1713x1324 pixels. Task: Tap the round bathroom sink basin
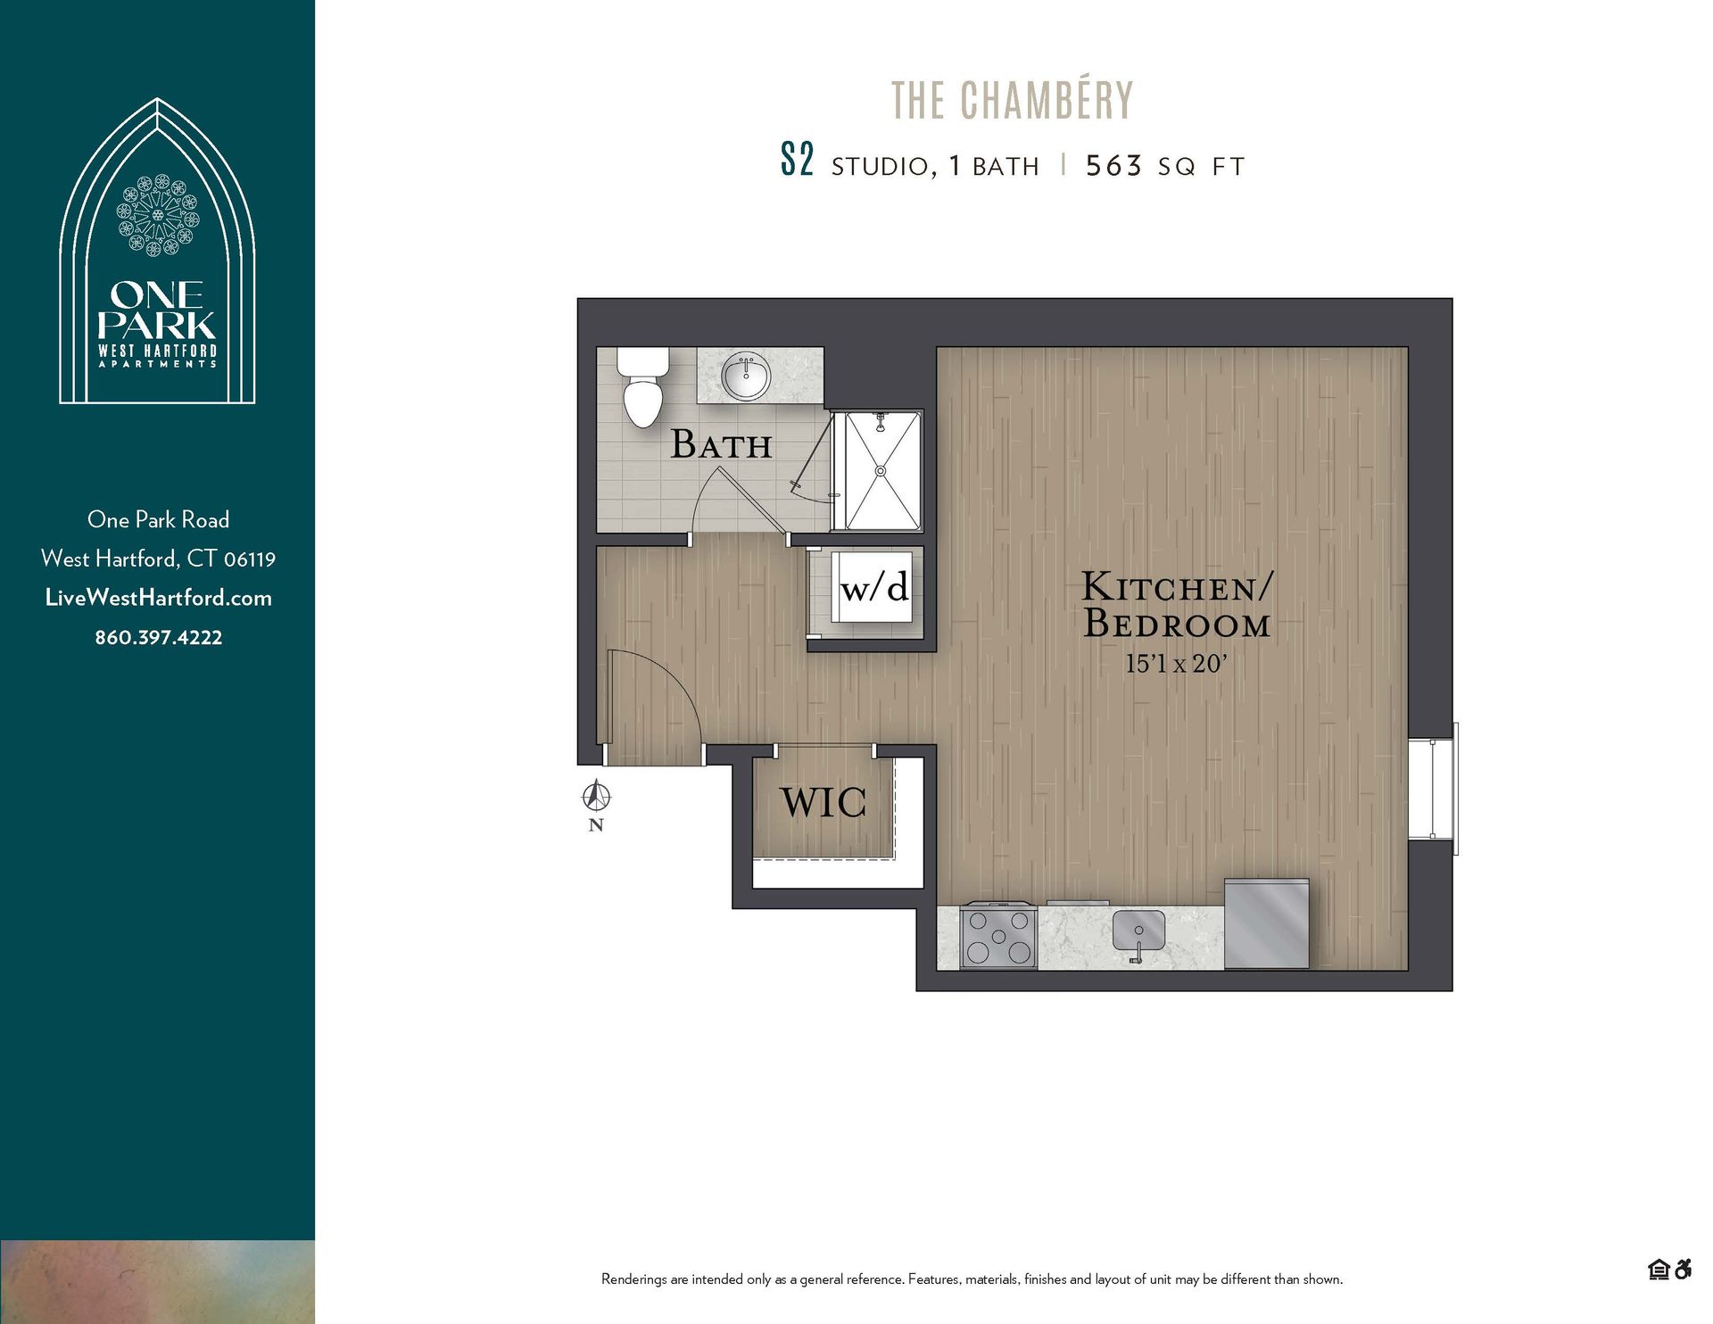pos(746,377)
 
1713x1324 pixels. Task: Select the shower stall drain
pos(881,470)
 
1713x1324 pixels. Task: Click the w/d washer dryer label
pos(874,587)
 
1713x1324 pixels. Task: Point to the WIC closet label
pos(823,802)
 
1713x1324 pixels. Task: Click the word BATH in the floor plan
pos(721,444)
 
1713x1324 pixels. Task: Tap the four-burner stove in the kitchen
pos(998,937)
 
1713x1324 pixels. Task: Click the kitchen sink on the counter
pos(1138,932)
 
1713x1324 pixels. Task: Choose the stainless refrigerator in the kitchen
pos(1266,923)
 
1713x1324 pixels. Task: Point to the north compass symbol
pos(596,795)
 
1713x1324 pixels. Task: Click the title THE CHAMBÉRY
pos(1012,100)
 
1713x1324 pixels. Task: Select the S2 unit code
pos(797,161)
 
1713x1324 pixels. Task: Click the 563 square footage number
pos(1113,166)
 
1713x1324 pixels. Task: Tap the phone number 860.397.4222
pos(159,637)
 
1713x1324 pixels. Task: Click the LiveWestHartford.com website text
pos(159,598)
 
